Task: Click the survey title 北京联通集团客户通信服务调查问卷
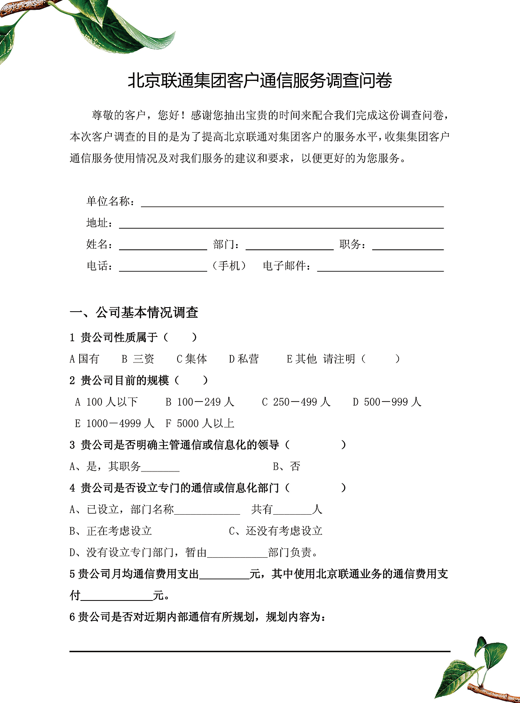pyautogui.click(x=260, y=81)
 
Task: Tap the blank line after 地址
pyautogui.click(x=281, y=225)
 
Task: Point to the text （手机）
pyautogui.click(x=230, y=266)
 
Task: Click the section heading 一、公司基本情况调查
pyautogui.click(x=134, y=312)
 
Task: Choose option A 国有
pyautogui.click(x=84, y=359)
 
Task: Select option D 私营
pyautogui.click(x=244, y=359)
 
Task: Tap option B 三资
pyautogui.click(x=138, y=359)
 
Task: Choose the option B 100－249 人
pyautogui.click(x=200, y=402)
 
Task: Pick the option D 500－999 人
pyautogui.click(x=387, y=402)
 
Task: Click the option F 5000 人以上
pyautogui.click(x=200, y=424)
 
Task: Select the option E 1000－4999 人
pyautogui.click(x=115, y=424)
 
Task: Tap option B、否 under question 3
pyautogui.click(x=286, y=466)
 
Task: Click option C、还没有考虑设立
pyautogui.click(x=275, y=531)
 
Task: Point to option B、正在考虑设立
pyautogui.click(x=110, y=531)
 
